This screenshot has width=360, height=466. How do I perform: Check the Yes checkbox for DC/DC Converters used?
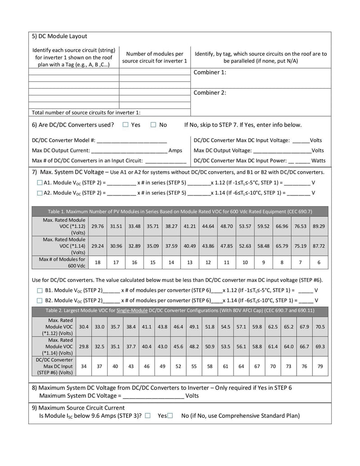[x=126, y=125]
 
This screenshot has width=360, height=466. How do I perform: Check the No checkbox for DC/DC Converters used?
[x=153, y=125]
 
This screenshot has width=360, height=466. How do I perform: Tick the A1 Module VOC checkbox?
[x=39, y=183]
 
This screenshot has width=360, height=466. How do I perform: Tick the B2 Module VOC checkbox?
[x=39, y=300]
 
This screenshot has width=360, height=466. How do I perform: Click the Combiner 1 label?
[x=210, y=72]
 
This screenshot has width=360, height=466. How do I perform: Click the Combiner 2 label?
[x=210, y=93]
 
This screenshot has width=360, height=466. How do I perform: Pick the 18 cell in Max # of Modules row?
[x=98, y=262]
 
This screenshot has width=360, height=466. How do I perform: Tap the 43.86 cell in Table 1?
[x=208, y=246]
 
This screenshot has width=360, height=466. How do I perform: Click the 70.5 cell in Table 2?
[x=320, y=327]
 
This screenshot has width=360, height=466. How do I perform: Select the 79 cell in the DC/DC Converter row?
[x=320, y=366]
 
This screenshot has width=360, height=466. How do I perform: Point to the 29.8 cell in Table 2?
[x=84, y=347]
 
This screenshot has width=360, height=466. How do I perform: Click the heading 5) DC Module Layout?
[x=59, y=36]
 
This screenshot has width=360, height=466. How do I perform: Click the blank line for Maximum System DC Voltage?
[x=153, y=396]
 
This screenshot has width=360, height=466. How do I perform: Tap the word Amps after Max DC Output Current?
[x=175, y=150]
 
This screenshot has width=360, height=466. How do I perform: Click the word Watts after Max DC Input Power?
[x=318, y=160]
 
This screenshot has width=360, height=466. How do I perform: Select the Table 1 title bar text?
[x=180, y=211]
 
